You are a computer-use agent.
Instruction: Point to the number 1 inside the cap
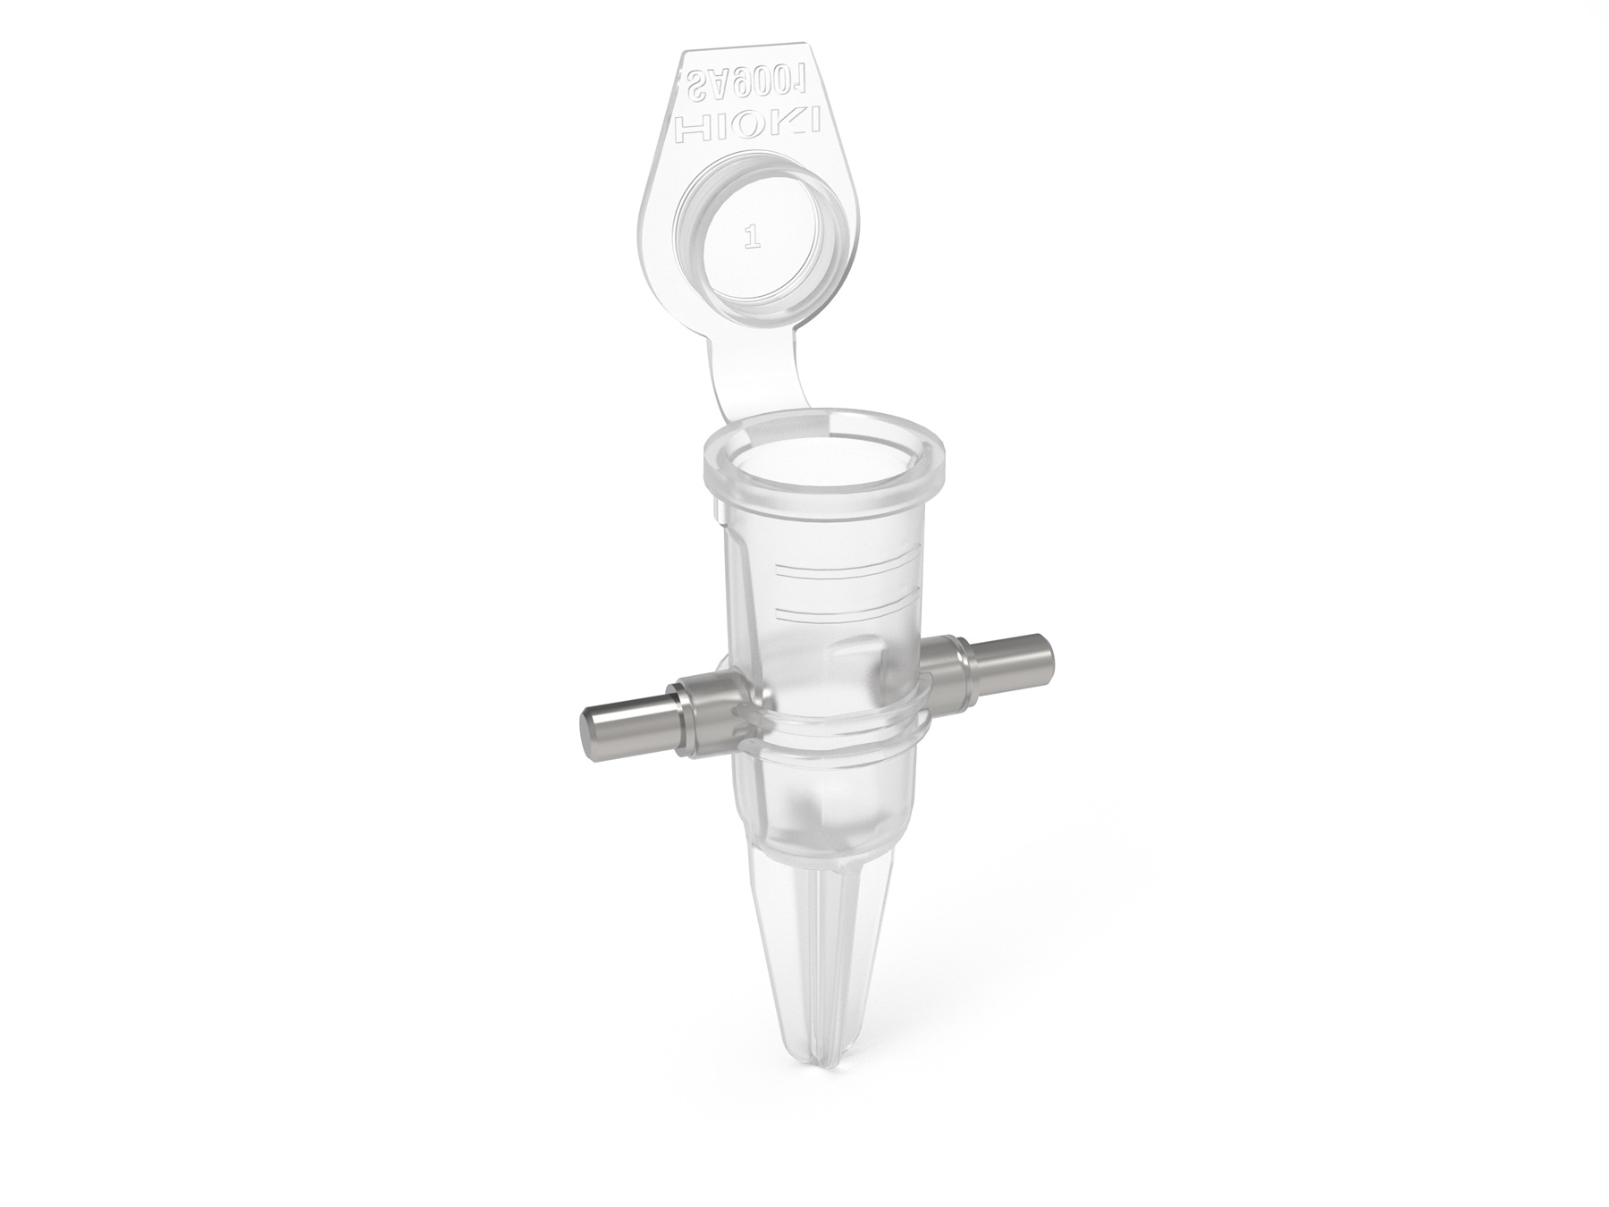tap(752, 238)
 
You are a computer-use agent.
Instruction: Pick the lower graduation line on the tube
tap(844, 609)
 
